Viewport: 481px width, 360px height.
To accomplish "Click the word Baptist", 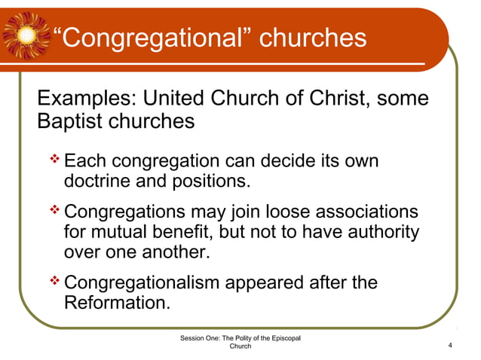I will pyautogui.click(x=69, y=120).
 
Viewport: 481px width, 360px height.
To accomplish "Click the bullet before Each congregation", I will pyautogui.click(x=55, y=160).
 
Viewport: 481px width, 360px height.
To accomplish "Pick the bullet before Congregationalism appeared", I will pyautogui.click(x=55, y=282).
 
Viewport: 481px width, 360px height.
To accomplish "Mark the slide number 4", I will pyautogui.click(x=449, y=345).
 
